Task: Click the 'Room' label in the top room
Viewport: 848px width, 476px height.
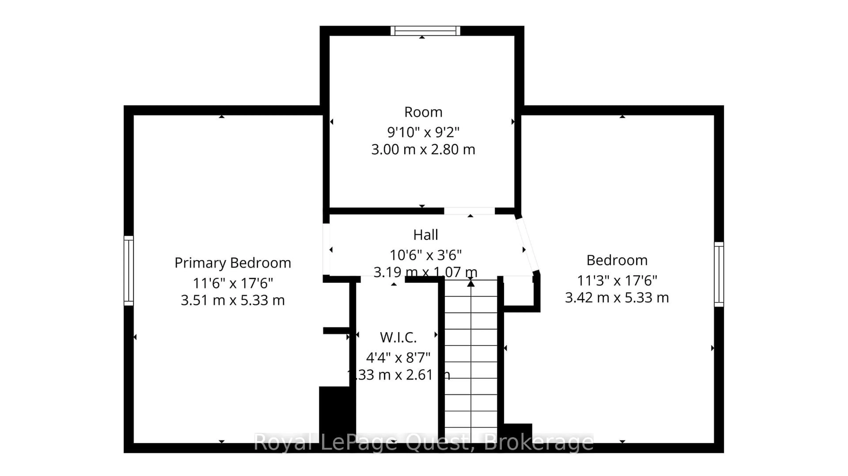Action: click(423, 112)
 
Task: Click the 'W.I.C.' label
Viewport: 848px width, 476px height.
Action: click(398, 337)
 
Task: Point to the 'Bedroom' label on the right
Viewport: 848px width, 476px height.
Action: click(617, 260)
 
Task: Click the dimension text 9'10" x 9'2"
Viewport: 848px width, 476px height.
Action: click(423, 132)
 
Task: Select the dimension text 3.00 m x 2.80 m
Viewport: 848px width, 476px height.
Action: click(423, 150)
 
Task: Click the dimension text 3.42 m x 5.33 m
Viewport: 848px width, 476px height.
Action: click(617, 298)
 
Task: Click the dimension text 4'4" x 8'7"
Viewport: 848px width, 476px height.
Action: click(398, 357)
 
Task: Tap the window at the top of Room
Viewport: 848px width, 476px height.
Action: click(425, 31)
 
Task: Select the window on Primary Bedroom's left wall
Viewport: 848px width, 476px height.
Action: click(129, 271)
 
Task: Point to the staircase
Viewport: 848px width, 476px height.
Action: click(471, 362)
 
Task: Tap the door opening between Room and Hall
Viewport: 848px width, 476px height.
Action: click(469, 211)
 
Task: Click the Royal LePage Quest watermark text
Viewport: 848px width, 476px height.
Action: click(423, 442)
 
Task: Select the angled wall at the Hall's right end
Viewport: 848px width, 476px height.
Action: click(527, 245)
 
